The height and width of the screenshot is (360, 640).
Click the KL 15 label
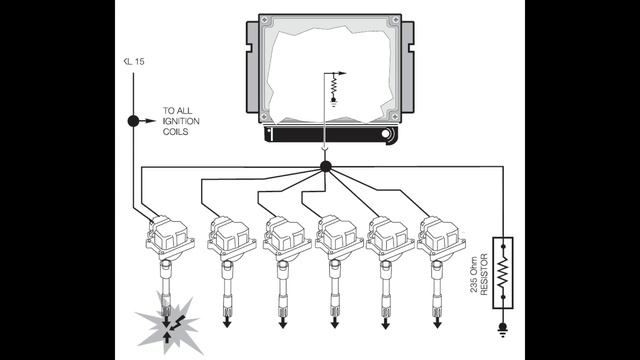pyautogui.click(x=134, y=62)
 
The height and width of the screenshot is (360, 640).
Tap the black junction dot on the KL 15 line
pyautogui.click(x=133, y=121)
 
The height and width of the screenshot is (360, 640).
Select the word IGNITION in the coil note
pyautogui.click(x=181, y=121)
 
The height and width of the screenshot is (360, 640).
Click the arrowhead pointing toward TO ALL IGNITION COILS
pyautogui.click(x=151, y=121)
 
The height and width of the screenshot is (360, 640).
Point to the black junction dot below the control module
pyautogui.click(x=325, y=166)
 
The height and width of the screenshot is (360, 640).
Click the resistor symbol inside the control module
pyautogui.click(x=333, y=87)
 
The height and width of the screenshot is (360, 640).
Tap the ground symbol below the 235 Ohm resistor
pyautogui.click(x=503, y=329)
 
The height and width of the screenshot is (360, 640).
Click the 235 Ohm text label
pyautogui.click(x=473, y=274)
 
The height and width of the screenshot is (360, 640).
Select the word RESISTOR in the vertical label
pyautogui.click(x=484, y=274)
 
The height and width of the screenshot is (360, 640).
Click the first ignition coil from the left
pyautogui.click(x=169, y=238)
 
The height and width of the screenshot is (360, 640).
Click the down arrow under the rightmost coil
pyautogui.click(x=437, y=322)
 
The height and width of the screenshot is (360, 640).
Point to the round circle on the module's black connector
pyautogui.click(x=385, y=134)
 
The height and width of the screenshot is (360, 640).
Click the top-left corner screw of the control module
pyautogui.click(x=264, y=19)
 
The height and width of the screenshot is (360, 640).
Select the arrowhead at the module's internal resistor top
pyautogui.click(x=341, y=73)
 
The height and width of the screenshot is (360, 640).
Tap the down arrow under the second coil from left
pyautogui.click(x=227, y=322)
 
